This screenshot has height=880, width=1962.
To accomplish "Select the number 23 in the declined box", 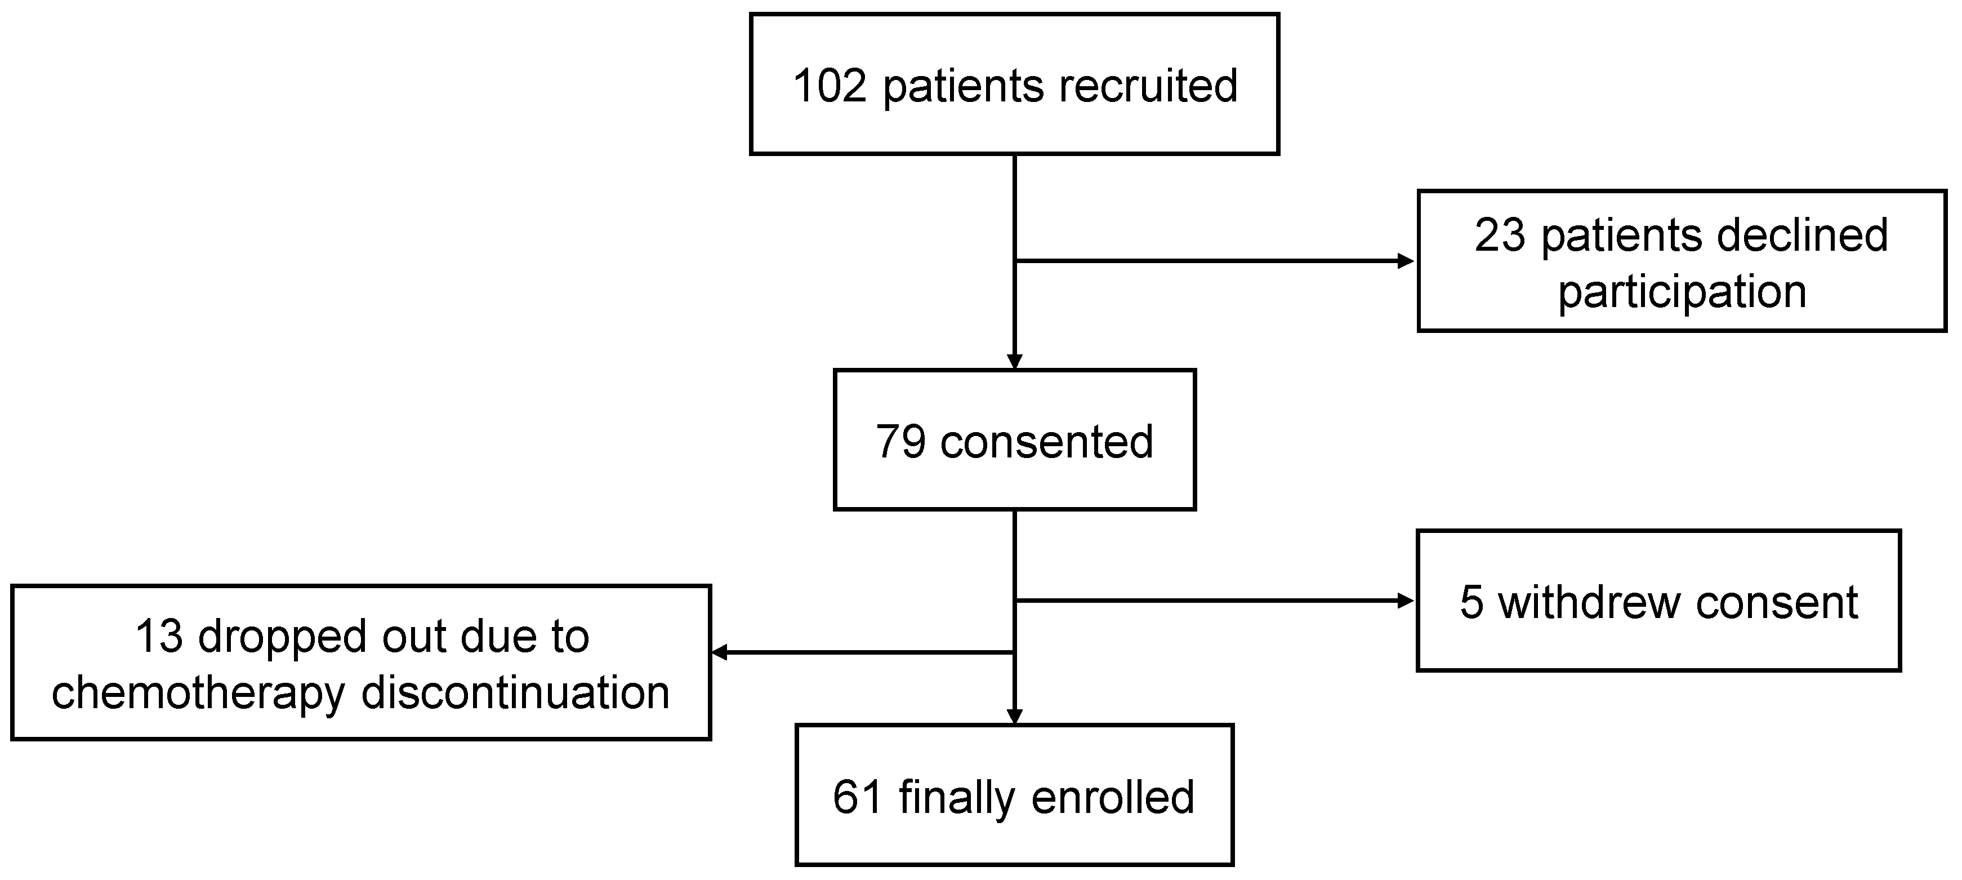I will tap(1500, 235).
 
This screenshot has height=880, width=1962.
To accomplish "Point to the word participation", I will tap(1682, 292).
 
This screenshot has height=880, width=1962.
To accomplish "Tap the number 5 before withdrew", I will tap(1471, 603).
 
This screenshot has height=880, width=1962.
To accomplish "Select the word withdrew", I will tap(1589, 603).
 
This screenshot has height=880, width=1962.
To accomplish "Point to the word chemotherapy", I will tap(198, 694).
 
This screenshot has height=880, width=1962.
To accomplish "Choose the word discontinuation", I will tap(515, 694).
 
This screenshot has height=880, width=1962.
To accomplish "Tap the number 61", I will tap(858, 797).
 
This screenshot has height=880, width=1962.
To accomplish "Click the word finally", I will tap(957, 797).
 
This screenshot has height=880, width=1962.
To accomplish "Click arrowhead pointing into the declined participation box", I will tap(1406, 261).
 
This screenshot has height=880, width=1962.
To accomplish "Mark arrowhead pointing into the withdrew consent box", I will tap(1406, 601).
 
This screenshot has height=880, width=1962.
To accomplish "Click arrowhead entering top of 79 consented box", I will tap(1015, 361).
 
